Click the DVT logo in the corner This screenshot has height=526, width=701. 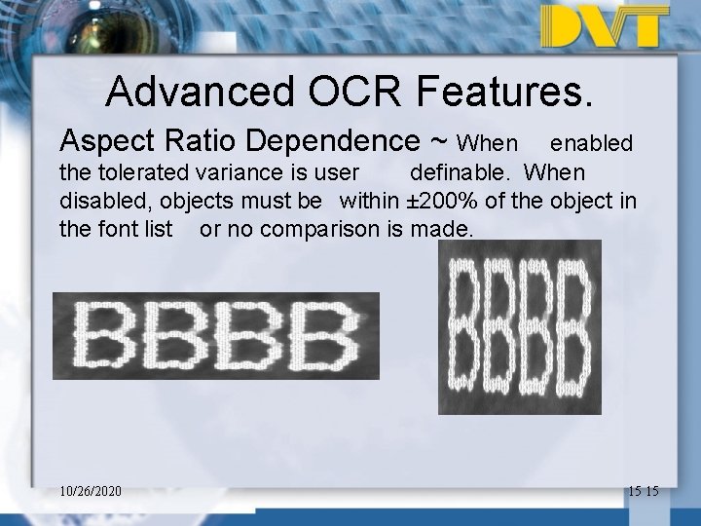605,26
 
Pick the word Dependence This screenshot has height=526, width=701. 332,142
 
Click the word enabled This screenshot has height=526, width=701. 591,144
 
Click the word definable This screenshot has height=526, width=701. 458,173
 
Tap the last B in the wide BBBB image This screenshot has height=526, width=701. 326,335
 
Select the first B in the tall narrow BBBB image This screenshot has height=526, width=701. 467,326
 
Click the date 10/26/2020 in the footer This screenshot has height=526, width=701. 91,491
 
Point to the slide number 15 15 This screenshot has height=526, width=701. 644,491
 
